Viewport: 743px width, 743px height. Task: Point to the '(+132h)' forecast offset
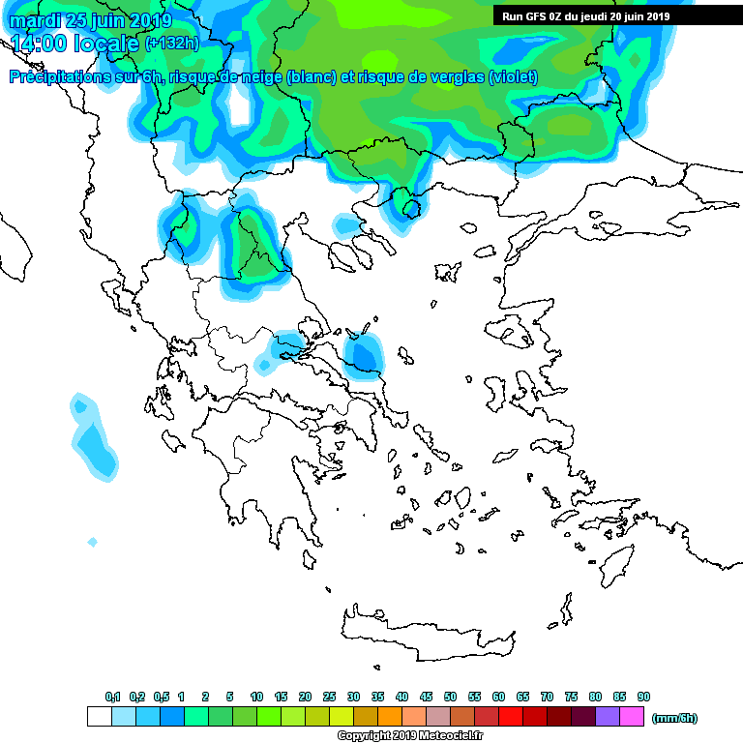(171, 44)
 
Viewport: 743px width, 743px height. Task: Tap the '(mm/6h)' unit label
(674, 718)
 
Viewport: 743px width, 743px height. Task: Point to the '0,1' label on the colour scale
(112, 698)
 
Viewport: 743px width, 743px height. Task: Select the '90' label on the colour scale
(643, 698)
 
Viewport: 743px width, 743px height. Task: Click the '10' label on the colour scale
(256, 698)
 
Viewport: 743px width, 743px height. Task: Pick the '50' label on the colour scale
(450, 698)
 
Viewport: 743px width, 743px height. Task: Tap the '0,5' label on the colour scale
(161, 698)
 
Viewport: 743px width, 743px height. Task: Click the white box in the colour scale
(100, 717)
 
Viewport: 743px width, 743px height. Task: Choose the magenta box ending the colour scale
(632, 717)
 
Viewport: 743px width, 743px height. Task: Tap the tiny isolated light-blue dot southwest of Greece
(93, 542)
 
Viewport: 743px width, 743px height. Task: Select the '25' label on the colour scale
(329, 698)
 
